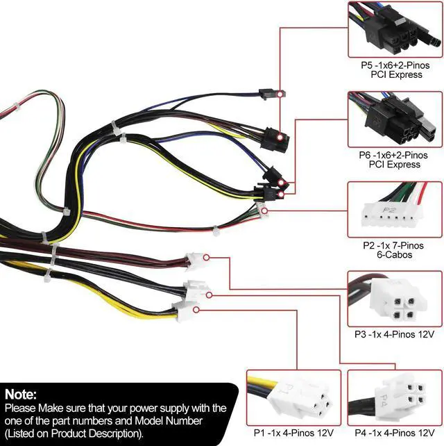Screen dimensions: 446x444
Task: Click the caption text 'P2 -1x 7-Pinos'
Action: coord(394,245)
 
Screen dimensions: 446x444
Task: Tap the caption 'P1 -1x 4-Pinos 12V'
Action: coord(293,433)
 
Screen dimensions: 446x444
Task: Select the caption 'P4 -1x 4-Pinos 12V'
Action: coord(394,433)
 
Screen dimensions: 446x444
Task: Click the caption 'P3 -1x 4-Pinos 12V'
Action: coord(394,334)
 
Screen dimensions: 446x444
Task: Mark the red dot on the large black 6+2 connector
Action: coord(277,138)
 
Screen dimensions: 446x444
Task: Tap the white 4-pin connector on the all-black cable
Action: coord(196,288)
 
